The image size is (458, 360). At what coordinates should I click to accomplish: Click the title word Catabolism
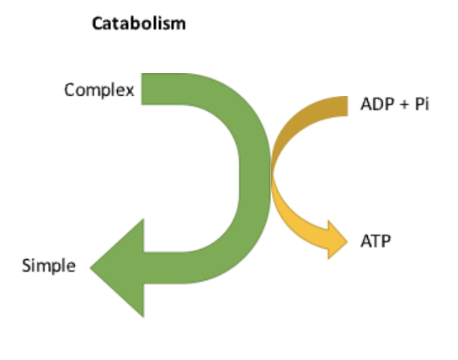tap(138, 24)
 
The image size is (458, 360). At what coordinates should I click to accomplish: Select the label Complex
tap(99, 89)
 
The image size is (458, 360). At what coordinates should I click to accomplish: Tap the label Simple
tap(48, 267)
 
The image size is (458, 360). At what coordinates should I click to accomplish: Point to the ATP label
tap(375, 242)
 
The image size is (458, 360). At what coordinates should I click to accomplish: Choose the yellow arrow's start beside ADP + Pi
tap(343, 108)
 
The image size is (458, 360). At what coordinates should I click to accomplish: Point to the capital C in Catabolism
tap(96, 24)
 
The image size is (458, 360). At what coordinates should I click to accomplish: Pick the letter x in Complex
tap(130, 90)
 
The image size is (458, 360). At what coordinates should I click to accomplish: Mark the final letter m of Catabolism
tap(178, 24)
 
